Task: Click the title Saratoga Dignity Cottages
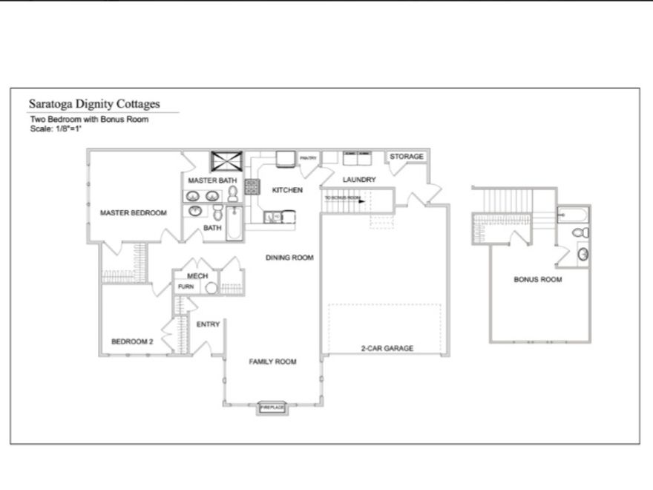click(x=93, y=105)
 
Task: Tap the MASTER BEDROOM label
click(x=134, y=213)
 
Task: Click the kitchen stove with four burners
click(x=252, y=186)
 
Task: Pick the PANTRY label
click(x=308, y=158)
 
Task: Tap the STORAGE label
click(x=407, y=157)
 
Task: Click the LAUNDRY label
click(x=358, y=180)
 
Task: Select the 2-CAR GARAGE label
click(x=387, y=348)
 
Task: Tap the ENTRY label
click(x=208, y=324)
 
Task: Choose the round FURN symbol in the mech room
click(x=211, y=287)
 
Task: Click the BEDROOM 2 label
click(x=132, y=342)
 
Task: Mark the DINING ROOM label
click(x=289, y=258)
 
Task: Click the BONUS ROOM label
click(x=537, y=280)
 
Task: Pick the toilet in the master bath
click(x=233, y=195)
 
